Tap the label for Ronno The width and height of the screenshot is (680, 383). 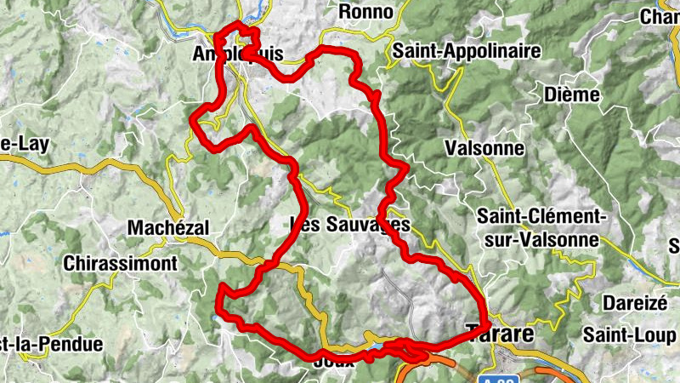[366, 12]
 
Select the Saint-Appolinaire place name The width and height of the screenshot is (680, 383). [466, 51]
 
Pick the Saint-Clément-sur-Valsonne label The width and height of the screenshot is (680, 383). [541, 227]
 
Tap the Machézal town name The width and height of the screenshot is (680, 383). [167, 227]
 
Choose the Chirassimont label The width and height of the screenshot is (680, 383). [121, 263]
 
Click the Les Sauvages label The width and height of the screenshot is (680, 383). [350, 226]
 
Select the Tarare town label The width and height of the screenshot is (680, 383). [501, 334]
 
